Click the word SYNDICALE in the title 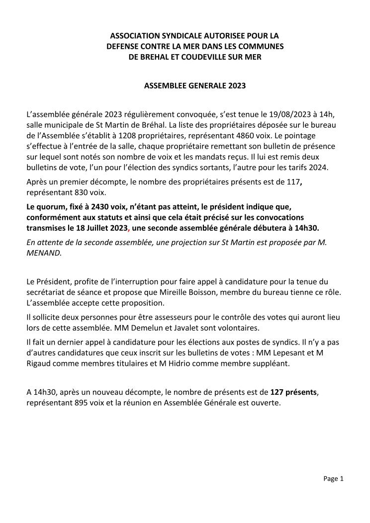pos(168,36)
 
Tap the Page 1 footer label pos(333,479)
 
